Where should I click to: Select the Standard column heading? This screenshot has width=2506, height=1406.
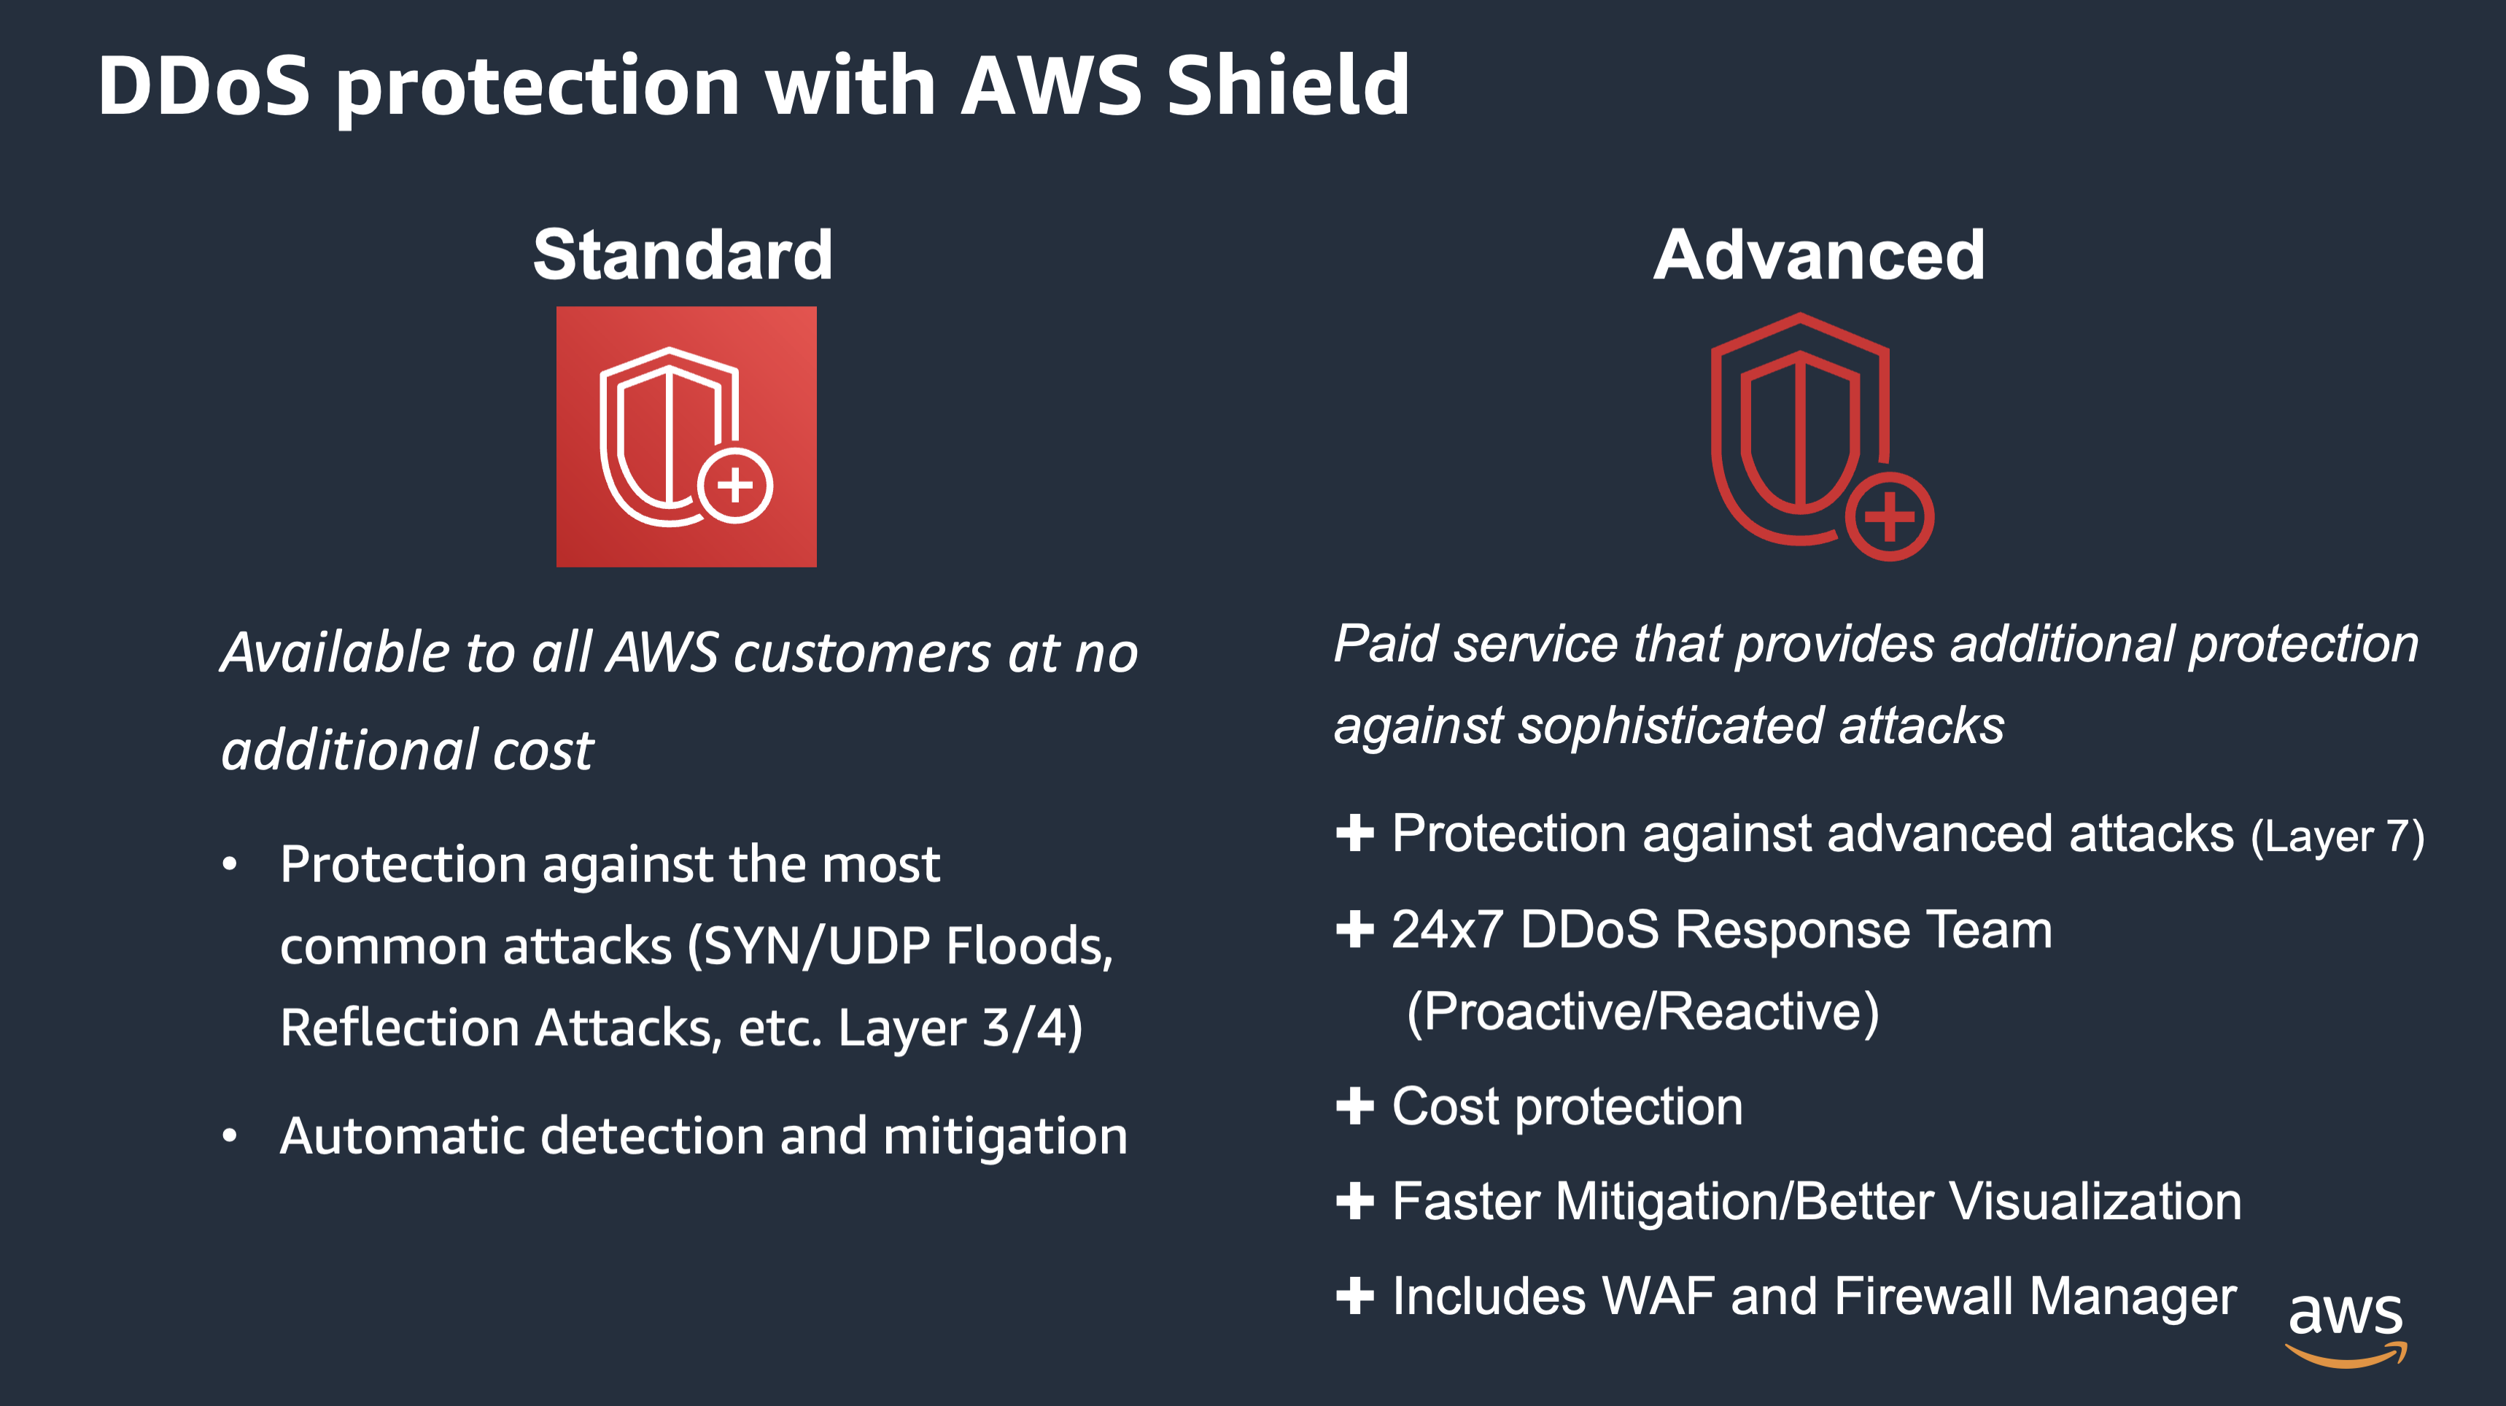click(683, 255)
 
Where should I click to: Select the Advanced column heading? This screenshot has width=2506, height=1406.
click(1818, 255)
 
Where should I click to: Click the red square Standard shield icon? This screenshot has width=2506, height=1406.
click(686, 437)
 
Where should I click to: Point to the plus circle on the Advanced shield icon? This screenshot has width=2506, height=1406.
click(1889, 516)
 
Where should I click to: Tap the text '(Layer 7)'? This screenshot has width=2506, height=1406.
click(2337, 836)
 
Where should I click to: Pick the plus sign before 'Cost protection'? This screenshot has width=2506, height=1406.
click(1354, 1106)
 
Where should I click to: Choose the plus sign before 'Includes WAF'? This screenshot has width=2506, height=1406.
click(1354, 1296)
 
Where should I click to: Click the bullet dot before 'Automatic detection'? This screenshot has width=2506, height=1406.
click(230, 1135)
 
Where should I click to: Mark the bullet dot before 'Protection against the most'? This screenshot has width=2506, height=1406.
click(230, 864)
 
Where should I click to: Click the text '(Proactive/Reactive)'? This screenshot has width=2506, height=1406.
click(1642, 1012)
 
